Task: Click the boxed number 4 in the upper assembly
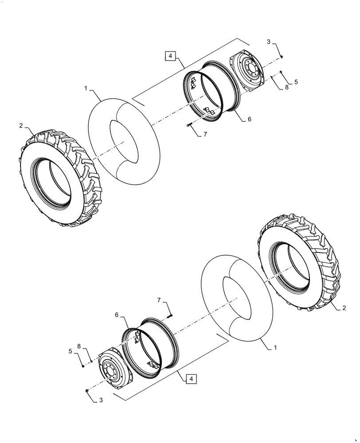[172, 56]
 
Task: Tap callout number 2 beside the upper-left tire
[21, 126]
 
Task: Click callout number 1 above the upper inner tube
[86, 89]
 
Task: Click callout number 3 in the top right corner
[269, 42]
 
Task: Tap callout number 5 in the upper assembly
[296, 82]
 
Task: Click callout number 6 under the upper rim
[249, 120]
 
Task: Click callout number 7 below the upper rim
[205, 134]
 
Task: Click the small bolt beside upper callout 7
[190, 126]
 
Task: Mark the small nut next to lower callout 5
[83, 365]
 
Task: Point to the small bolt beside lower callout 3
[86, 390]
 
